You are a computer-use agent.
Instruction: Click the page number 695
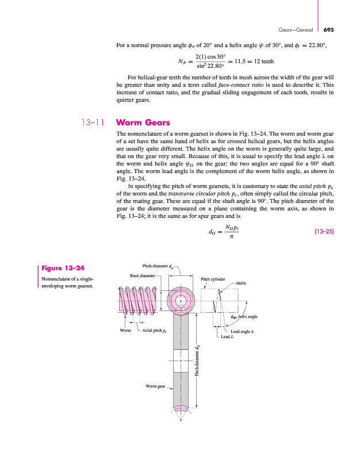pyautogui.click(x=329, y=30)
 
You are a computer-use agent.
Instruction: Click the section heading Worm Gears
pyautogui.click(x=143, y=122)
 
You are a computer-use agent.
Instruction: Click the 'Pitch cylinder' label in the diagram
pyautogui.click(x=213, y=279)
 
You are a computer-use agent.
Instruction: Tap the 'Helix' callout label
pyautogui.click(x=241, y=283)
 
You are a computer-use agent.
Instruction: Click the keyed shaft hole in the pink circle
pyautogui.click(x=181, y=300)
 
